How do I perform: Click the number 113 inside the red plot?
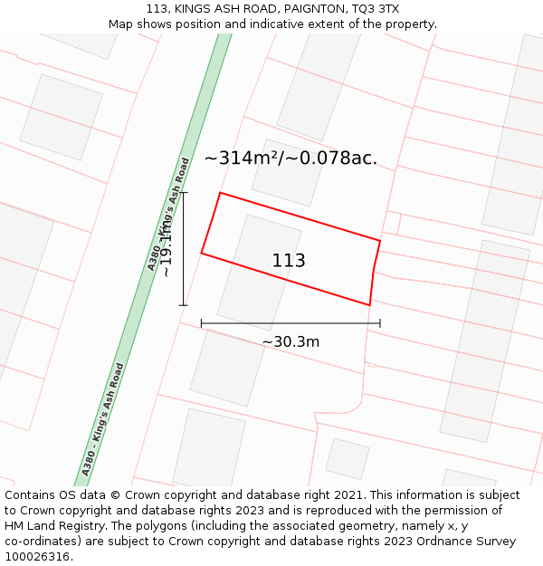[x=289, y=261]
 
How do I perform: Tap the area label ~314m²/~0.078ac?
[x=291, y=158]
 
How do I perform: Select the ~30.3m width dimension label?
[x=291, y=342]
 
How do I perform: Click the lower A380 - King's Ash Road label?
[x=102, y=419]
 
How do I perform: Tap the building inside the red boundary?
[x=259, y=272]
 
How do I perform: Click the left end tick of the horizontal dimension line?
[x=202, y=322]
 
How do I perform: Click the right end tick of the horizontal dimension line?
[x=380, y=322]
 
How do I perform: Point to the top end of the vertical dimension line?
[x=184, y=193]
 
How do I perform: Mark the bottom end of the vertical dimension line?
[x=184, y=305]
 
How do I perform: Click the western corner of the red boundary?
[x=202, y=253]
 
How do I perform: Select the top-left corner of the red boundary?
[x=220, y=193]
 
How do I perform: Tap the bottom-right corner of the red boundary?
[x=369, y=305]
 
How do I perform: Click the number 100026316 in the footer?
[x=39, y=557]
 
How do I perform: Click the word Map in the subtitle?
[x=122, y=24]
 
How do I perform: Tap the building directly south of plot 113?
[x=227, y=367]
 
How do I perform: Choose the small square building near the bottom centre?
[x=347, y=458]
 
